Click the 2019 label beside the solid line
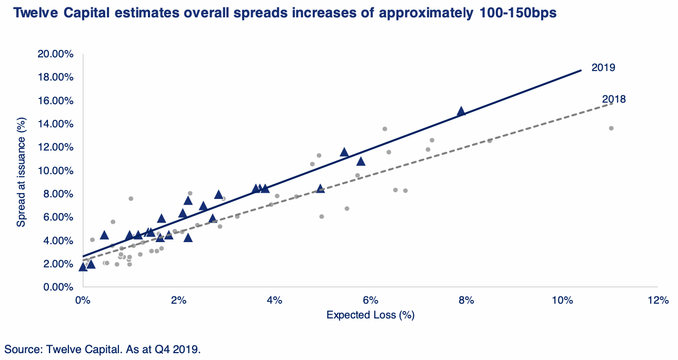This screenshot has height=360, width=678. (x=603, y=67)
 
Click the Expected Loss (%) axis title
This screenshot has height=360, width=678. (x=371, y=315)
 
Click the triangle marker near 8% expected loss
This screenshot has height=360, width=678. (x=461, y=111)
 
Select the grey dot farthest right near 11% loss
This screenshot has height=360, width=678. (x=611, y=128)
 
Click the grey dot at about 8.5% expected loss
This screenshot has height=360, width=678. (x=490, y=141)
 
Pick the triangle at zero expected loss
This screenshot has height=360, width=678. (x=83, y=267)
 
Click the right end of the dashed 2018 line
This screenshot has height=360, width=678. (x=613, y=103)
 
